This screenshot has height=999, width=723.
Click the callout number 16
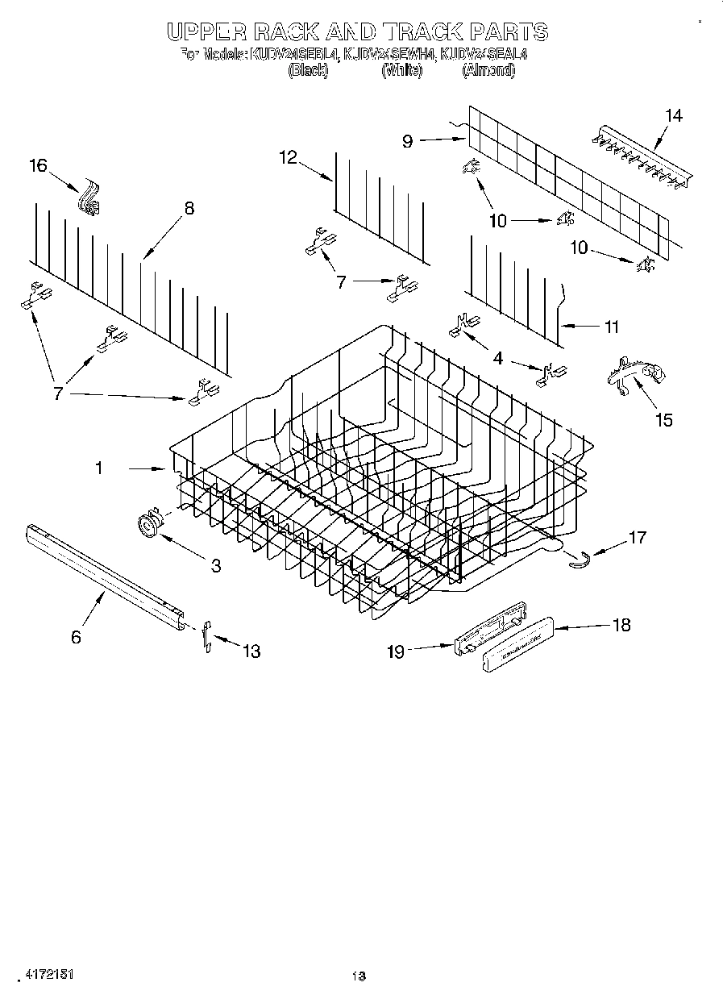pos(39,166)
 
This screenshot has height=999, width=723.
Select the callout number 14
pos(673,116)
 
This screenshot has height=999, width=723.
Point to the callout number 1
pos(99,468)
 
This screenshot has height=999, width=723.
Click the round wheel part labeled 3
pos(148,525)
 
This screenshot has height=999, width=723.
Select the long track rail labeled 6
pos(105,574)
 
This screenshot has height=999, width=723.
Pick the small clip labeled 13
pos(207,635)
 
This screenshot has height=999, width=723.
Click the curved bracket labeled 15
pos(634,373)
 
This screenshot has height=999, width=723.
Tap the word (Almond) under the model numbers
pos(488,71)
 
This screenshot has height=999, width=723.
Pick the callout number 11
pos(612,327)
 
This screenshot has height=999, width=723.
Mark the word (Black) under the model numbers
pos(308,71)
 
